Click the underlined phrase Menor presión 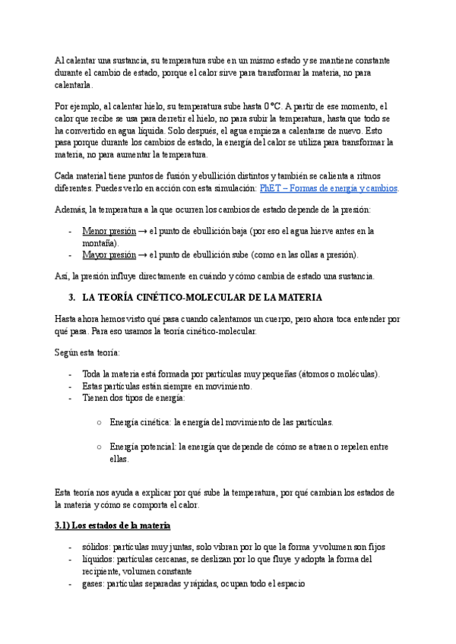(109, 231)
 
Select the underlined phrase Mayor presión (109, 254)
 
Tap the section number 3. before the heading (73, 297)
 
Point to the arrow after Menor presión (143, 231)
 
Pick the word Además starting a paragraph (71, 210)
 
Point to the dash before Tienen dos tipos (70, 398)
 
